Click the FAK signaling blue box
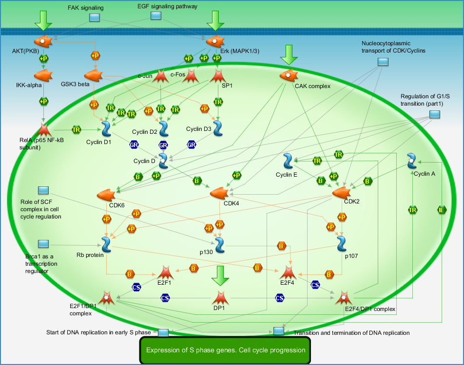95,18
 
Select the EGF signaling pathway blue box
156,16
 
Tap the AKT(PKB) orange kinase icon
43,41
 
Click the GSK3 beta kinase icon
94,75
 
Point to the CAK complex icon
289,75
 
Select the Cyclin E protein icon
288,161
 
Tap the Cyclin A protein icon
412,161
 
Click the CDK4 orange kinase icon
219,193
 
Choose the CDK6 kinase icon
106,195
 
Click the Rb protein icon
106,244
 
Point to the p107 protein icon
342,244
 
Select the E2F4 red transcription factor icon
288,272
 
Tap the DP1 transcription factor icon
220,298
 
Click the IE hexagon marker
442,210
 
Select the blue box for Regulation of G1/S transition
435,114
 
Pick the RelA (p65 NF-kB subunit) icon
43,129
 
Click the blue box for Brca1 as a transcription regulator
43,244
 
